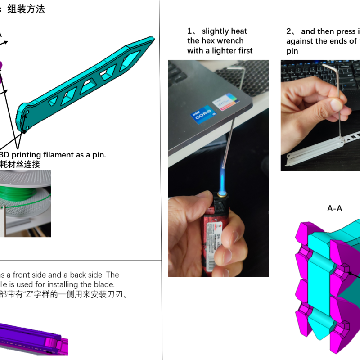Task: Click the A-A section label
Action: coord(334,208)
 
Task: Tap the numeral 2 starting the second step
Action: coord(289,31)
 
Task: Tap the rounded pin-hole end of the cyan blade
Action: coord(25,118)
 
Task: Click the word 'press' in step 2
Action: coord(343,31)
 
